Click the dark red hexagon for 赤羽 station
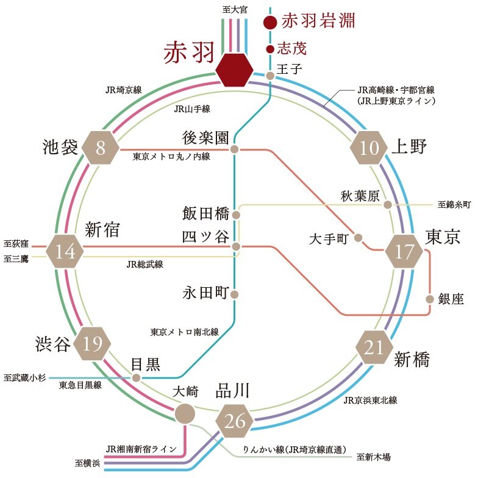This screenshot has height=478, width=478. tap(235, 69)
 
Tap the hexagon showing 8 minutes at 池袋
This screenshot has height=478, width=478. tap(101, 148)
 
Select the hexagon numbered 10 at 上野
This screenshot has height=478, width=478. tap(368, 148)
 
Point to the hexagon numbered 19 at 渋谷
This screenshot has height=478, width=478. tap(93, 344)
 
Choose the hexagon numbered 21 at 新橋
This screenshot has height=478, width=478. tap(374, 348)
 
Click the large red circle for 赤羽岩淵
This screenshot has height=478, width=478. tap(271, 23)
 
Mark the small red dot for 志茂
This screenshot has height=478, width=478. tap(270, 48)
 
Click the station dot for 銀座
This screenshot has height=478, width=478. tap(430, 299)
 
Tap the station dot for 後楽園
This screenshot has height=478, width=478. tap(234, 149)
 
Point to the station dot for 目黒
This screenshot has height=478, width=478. tap(137, 377)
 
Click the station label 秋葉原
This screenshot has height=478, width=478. tap(360, 195)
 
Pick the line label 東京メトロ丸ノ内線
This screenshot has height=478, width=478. tap(171, 157)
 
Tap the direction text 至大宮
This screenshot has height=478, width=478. tap(235, 9)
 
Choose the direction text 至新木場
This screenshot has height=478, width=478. tap(374, 456)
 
